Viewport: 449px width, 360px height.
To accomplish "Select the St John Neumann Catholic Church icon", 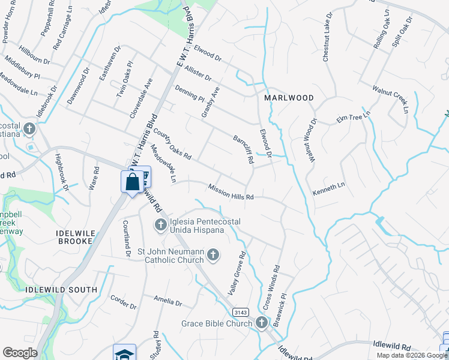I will [212, 256].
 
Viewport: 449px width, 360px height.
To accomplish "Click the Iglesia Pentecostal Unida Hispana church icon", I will [160, 226].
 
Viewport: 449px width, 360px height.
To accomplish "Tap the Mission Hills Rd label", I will [231, 192].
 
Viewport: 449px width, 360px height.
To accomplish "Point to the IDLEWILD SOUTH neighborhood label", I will [62, 290].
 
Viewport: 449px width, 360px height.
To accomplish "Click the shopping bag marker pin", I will [132, 181].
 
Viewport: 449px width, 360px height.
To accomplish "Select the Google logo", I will [20, 353].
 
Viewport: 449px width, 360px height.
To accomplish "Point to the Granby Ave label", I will [211, 101].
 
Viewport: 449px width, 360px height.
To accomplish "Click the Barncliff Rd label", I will [243, 150].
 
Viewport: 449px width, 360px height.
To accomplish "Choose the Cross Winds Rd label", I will [271, 287].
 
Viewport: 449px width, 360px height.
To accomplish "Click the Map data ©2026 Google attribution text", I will [412, 355].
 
